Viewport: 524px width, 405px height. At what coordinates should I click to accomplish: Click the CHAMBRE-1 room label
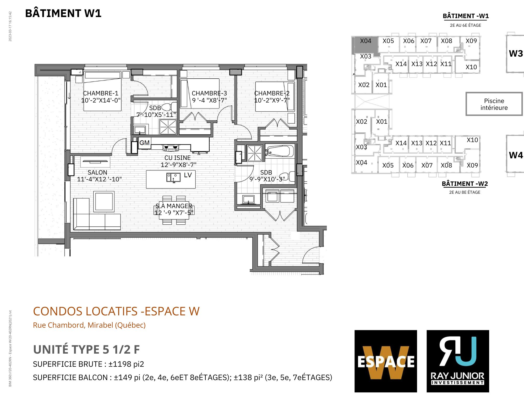pyautogui.click(x=101, y=93)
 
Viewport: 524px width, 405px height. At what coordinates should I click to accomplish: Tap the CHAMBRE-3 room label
pyautogui.click(x=209, y=93)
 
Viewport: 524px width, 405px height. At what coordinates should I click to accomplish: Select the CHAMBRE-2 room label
pyautogui.click(x=272, y=93)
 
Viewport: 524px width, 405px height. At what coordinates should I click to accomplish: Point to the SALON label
pyautogui.click(x=97, y=172)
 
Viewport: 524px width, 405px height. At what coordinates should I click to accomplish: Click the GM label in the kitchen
pyautogui.click(x=144, y=143)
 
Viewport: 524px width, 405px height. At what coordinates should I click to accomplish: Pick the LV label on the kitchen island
pyautogui.click(x=188, y=175)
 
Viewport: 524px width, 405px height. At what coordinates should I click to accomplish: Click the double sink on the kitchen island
pyautogui.click(x=173, y=177)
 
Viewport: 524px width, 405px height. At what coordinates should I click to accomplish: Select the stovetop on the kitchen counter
pyautogui.click(x=171, y=148)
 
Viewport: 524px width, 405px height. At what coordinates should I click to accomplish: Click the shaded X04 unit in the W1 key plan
pyautogui.click(x=366, y=45)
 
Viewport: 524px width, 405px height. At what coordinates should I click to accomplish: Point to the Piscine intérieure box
pyautogui.click(x=494, y=104)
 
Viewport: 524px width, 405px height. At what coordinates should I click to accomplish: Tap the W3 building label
pyautogui.click(x=516, y=53)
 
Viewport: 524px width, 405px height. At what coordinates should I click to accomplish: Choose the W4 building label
pyautogui.click(x=516, y=155)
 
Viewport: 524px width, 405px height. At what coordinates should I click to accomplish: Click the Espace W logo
pyautogui.click(x=386, y=361)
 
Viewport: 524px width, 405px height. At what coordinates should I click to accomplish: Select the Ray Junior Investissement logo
pyautogui.click(x=458, y=361)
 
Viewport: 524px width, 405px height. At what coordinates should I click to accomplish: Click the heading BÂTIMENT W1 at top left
pyautogui.click(x=63, y=13)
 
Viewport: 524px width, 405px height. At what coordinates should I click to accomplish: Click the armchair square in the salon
pyautogui.click(x=104, y=201)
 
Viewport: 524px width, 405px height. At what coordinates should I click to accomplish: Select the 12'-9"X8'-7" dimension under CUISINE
pyautogui.click(x=178, y=165)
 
